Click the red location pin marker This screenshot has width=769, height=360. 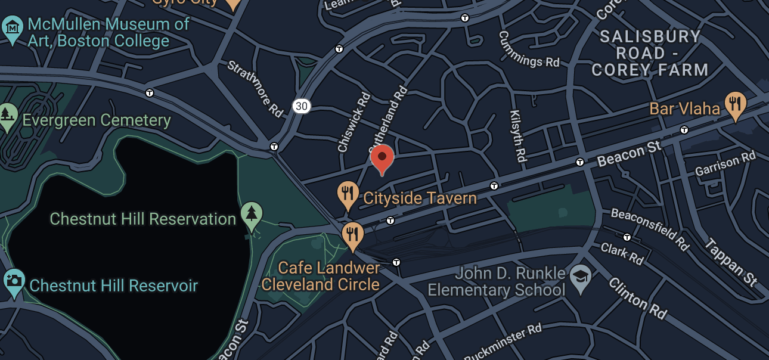[x=382, y=158]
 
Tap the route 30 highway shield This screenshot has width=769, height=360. [x=302, y=106]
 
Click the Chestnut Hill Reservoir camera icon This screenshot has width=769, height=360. [x=13, y=281]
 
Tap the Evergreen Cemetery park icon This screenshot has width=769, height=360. [x=7, y=115]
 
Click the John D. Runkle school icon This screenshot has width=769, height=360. [x=579, y=277]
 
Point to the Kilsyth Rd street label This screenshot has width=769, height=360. [x=517, y=135]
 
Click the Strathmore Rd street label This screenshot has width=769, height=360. [x=255, y=88]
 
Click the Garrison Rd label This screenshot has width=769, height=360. [x=725, y=164]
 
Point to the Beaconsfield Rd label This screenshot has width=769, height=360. [x=650, y=229]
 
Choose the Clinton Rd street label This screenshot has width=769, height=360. [x=637, y=298]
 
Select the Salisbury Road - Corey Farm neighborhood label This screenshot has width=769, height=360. [x=650, y=53]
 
